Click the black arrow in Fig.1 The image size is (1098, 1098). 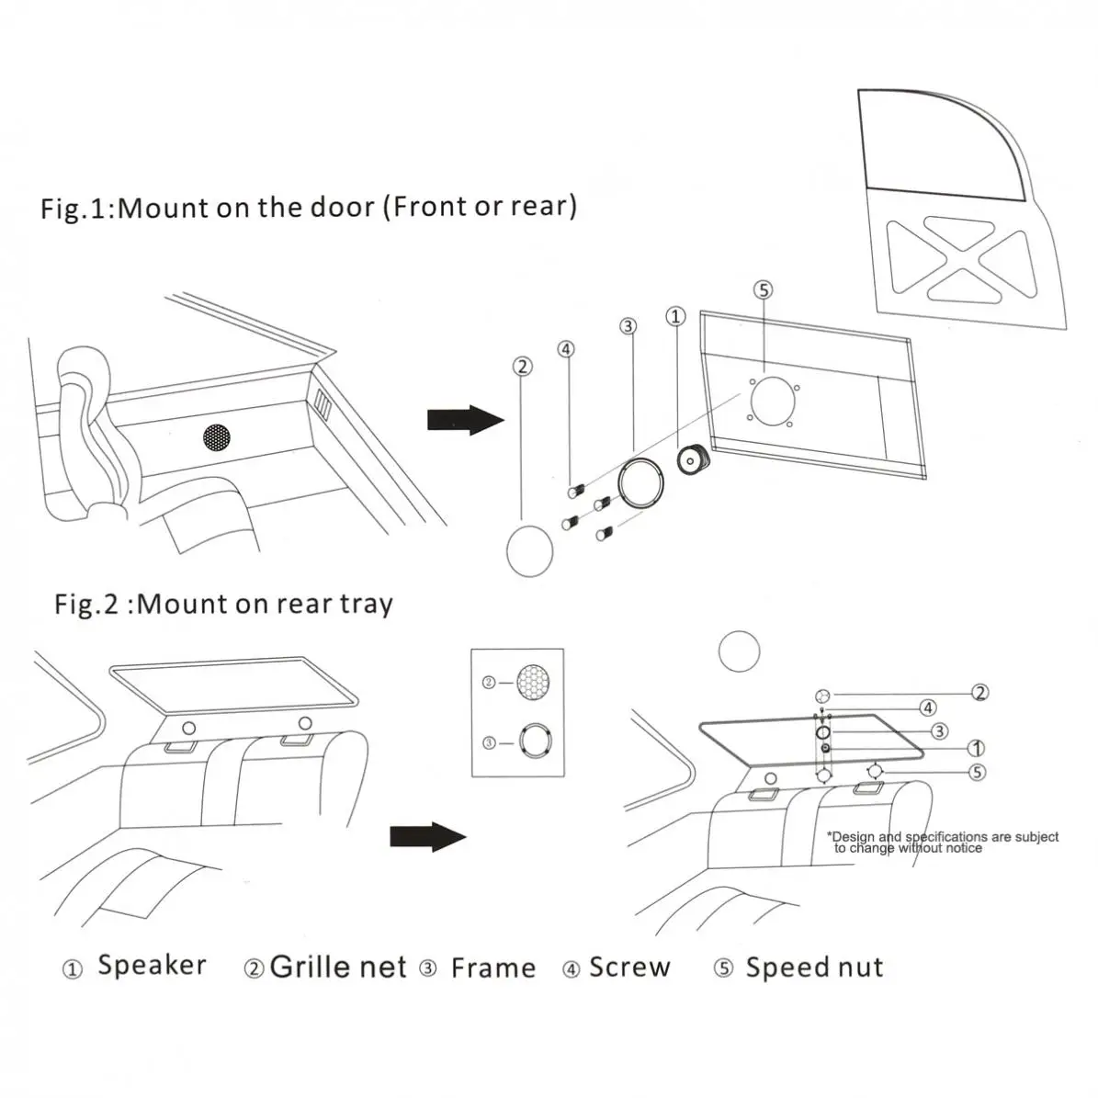465,420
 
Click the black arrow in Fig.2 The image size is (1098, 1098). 427,836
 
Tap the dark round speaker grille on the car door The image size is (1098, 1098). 217,436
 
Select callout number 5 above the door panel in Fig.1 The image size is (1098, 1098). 763,290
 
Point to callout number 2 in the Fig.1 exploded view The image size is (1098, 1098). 521,367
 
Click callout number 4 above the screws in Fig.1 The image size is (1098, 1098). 566,349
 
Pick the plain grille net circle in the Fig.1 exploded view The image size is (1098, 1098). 530,550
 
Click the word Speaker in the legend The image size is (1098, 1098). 151,966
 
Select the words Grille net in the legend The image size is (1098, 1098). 338,967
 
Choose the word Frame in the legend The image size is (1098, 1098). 492,968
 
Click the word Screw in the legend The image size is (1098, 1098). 629,967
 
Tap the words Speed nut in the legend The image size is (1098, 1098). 814,967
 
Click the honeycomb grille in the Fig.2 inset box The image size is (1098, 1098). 533,684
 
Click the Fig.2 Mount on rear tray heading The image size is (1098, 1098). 223,604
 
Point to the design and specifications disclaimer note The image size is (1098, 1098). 942,842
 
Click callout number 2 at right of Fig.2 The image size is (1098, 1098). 980,693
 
